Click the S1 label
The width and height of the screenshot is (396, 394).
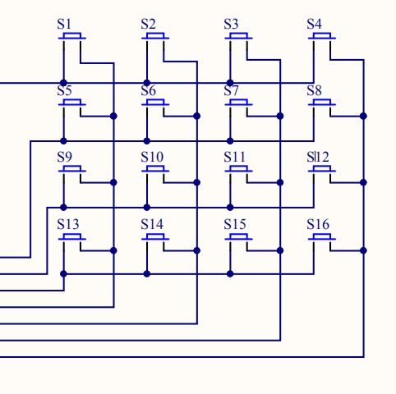click(64, 24)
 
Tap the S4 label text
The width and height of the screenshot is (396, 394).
click(314, 24)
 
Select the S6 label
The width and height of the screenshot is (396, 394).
click(148, 90)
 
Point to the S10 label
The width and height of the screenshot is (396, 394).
click(152, 157)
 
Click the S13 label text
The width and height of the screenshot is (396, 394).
click(68, 224)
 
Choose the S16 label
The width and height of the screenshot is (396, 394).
click(318, 224)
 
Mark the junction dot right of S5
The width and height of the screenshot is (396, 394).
click(113, 117)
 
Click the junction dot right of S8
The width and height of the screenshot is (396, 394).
click(363, 117)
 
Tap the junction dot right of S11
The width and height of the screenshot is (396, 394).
click(280, 182)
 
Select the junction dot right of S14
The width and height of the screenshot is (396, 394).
click(196, 250)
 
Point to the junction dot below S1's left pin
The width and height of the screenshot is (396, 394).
click(63, 83)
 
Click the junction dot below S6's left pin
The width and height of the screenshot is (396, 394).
click(147, 141)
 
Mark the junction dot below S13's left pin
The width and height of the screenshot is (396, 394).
click(63, 273)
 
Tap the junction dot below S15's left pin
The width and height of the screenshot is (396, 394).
click(230, 273)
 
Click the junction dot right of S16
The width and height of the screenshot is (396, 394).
click(363, 250)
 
